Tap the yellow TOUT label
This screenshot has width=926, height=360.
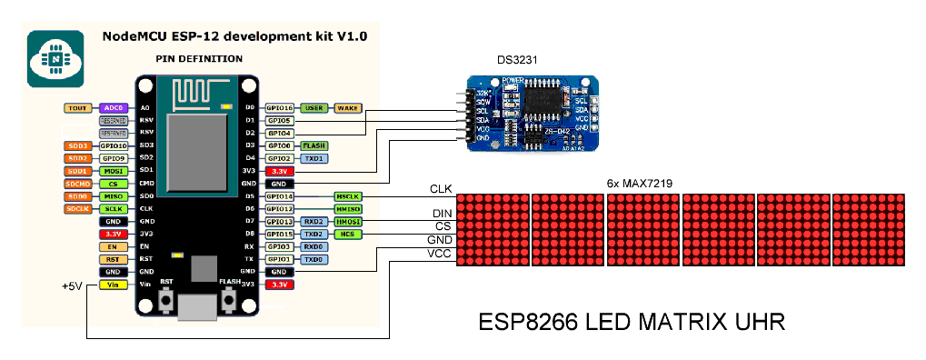tap(76, 107)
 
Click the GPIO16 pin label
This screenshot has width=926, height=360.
tap(278, 107)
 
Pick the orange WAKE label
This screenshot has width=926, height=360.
tap(348, 107)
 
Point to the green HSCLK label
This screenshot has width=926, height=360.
tap(348, 195)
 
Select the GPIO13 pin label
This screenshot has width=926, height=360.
tap(278, 221)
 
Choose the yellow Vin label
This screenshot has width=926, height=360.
tap(114, 285)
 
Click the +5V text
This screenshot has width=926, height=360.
tap(73, 285)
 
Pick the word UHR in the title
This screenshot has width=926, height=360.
tap(751, 323)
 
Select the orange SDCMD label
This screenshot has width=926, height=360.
tap(76, 183)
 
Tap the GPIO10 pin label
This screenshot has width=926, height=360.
tap(114, 145)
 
